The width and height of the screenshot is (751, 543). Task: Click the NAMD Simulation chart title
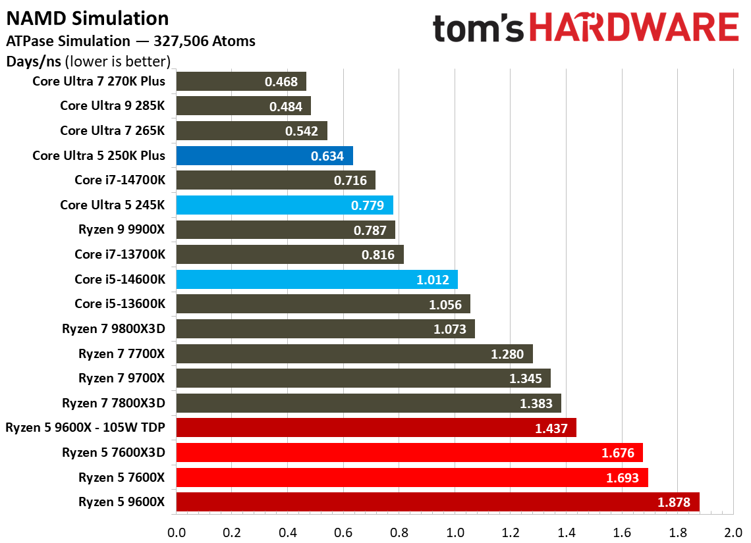[88, 18]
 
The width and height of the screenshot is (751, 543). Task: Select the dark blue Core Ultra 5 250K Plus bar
[264, 155]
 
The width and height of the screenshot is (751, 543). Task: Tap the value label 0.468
[281, 82]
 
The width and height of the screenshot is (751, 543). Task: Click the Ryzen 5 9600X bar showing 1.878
[437, 502]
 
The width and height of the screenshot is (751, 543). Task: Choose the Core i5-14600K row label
[120, 279]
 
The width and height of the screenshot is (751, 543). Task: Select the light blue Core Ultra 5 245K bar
[285, 205]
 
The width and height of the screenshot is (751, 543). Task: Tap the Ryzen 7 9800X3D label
[113, 328]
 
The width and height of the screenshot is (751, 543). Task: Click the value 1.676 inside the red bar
[618, 453]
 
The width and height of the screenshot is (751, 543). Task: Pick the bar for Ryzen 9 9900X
[285, 230]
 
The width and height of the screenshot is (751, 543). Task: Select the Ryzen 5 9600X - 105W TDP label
[85, 428]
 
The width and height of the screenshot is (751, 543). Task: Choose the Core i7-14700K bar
[275, 180]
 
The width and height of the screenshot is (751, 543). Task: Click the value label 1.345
[526, 378]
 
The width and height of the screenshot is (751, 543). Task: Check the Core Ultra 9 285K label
[113, 105]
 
